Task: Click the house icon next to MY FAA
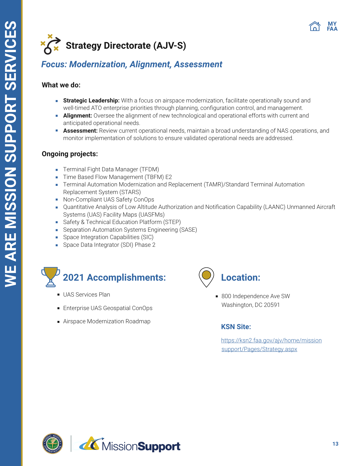tap(314, 26)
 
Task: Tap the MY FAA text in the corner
tap(332, 26)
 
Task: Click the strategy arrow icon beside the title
tap(51, 44)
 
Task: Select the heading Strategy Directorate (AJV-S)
tap(126, 46)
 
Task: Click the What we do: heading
tap(61, 85)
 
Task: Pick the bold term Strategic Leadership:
tap(91, 101)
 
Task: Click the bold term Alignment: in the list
tap(78, 116)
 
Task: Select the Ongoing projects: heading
tap(70, 154)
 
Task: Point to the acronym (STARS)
tap(131, 192)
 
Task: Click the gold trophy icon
tap(51, 277)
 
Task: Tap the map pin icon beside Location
tap(206, 277)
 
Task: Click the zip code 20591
tap(272, 305)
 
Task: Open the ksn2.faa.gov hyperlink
tap(271, 340)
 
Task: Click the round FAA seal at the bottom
tap(53, 443)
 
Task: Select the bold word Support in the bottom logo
tap(159, 446)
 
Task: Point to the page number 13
tap(335, 444)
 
